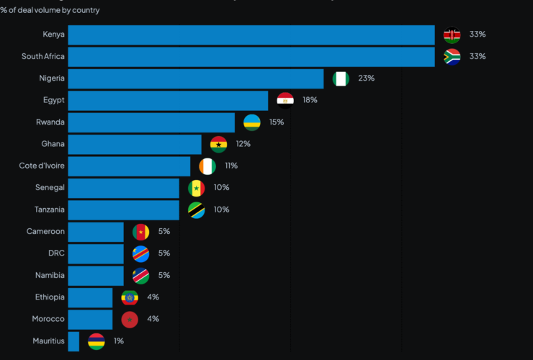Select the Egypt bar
tap(168, 100)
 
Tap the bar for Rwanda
tap(151, 122)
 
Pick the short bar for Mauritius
tap(73, 341)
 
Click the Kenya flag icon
tap(452, 35)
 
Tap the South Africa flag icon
tap(452, 57)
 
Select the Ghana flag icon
tap(218, 144)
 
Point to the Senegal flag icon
tap(196, 188)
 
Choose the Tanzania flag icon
tap(196, 210)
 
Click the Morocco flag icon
tap(130, 320)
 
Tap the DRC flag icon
tap(140, 253)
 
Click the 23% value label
tap(366, 78)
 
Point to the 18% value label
tap(310, 100)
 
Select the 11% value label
tap(230, 166)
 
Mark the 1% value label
tap(119, 341)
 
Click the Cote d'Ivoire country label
tap(42, 166)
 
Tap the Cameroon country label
tap(45, 232)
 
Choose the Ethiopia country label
tap(50, 297)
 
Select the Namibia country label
tap(50, 276)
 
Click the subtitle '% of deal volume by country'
tap(50, 10)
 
